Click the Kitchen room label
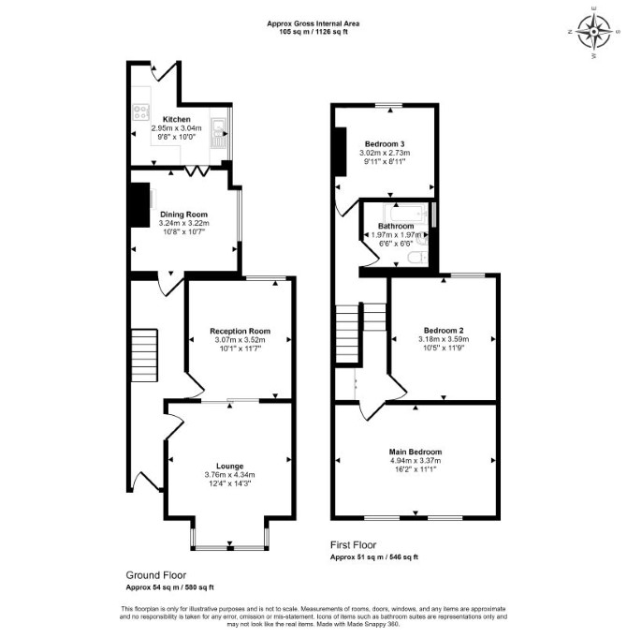[176, 119]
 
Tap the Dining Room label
[183, 215]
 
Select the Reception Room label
[240, 332]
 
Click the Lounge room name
[229, 467]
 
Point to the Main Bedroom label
[416, 453]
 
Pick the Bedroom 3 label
[385, 144]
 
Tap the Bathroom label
[396, 226]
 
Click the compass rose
[594, 31]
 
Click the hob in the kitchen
[141, 112]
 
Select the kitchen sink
[218, 133]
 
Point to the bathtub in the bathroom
[405, 213]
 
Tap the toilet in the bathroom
[417, 258]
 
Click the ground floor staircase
[144, 355]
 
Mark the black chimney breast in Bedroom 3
[340, 152]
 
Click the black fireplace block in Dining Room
[139, 205]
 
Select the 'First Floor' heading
[353, 545]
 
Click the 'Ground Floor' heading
[156, 575]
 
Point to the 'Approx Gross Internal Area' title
[313, 23]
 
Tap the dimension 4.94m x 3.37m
[416, 461]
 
